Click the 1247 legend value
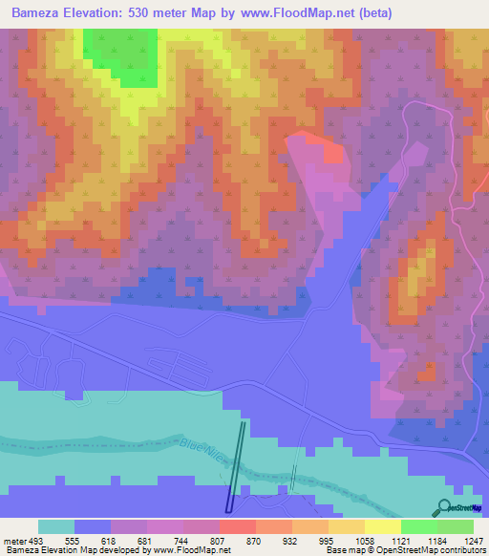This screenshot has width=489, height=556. (x=475, y=541)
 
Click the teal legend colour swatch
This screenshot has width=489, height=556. (x=56, y=526)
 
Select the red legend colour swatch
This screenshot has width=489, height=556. (x=237, y=526)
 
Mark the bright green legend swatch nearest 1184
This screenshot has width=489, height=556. (x=418, y=526)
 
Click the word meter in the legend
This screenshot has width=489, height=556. (x=15, y=541)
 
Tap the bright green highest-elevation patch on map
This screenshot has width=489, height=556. (x=122, y=54)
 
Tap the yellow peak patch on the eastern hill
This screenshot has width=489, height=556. (x=416, y=278)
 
